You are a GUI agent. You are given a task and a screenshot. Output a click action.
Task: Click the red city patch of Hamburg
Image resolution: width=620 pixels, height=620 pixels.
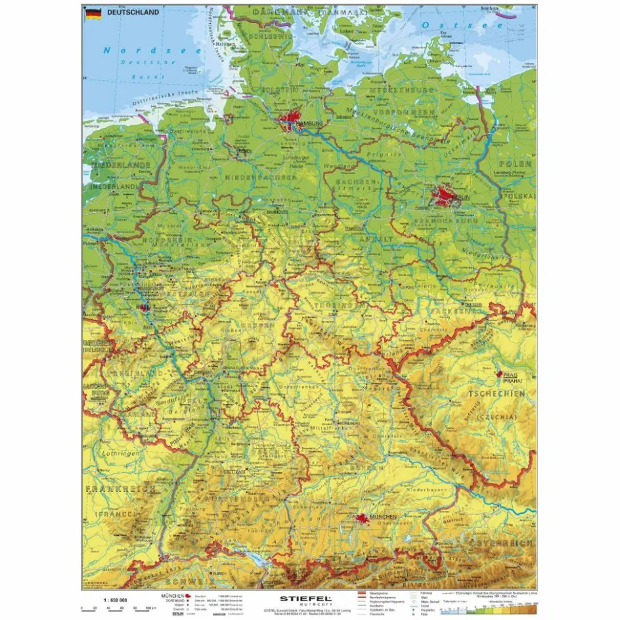point(290,122)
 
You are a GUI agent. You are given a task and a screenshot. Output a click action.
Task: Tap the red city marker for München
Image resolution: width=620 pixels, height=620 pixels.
point(361,518)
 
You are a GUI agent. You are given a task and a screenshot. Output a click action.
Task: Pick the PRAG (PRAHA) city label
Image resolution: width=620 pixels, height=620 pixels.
point(512,377)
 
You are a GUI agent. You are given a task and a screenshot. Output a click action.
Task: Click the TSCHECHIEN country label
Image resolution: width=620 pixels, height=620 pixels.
point(497,393)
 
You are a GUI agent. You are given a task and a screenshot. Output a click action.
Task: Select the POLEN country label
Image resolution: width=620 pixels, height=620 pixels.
point(516,163)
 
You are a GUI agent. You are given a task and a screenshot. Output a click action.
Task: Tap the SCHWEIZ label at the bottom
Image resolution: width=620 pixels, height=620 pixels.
point(190,581)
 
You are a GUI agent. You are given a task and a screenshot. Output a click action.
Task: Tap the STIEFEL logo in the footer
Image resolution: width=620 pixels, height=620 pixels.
point(306,598)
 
